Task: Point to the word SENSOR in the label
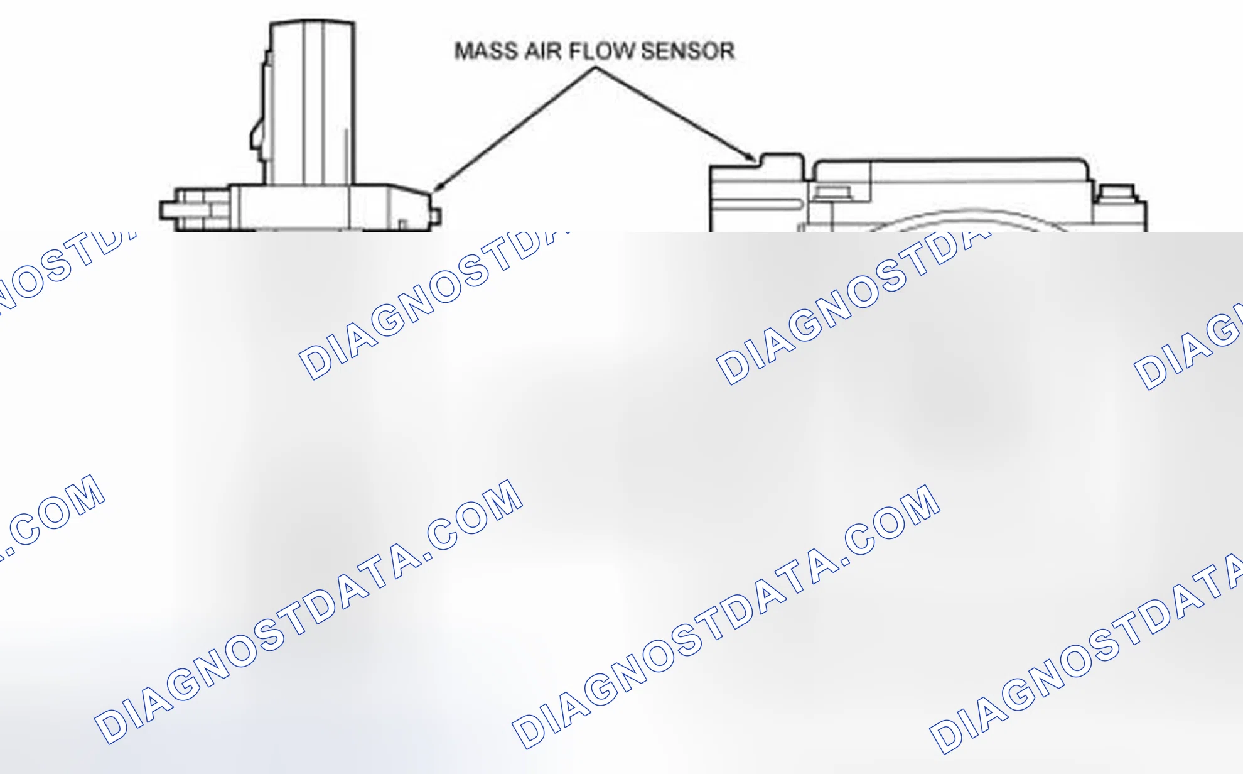687,51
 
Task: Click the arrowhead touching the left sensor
438,185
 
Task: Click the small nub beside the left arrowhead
438,217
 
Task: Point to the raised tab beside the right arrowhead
782,161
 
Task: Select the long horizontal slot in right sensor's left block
756,204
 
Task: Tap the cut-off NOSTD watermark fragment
63,267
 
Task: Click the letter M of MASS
463,51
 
